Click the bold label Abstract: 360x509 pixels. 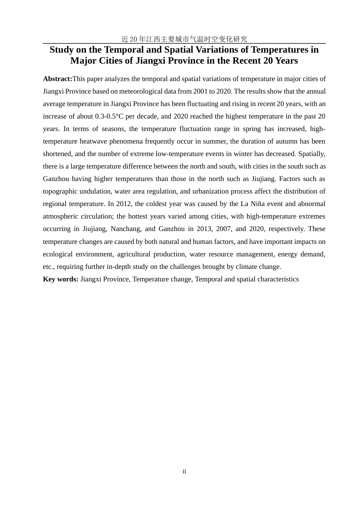[58, 79]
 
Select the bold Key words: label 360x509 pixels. [61, 279]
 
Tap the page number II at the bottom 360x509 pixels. [184, 472]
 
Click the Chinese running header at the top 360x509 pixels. [184, 39]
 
